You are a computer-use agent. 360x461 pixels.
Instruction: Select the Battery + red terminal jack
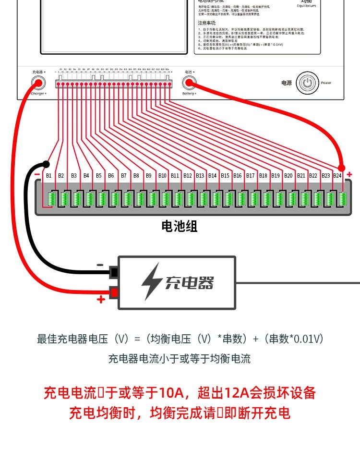[x=189, y=83]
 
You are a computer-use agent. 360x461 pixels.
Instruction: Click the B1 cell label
[x=48, y=176]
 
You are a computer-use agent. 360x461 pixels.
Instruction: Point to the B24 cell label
[x=337, y=176]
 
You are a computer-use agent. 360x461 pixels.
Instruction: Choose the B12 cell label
[x=187, y=176]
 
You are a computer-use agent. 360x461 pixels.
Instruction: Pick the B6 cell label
[x=111, y=176]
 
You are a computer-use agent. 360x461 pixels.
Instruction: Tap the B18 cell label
[x=263, y=176]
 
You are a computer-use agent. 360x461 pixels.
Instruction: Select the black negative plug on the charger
[x=114, y=273]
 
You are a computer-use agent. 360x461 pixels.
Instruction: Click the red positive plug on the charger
[x=114, y=292]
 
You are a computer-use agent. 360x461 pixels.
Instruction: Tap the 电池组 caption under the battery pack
[x=180, y=226]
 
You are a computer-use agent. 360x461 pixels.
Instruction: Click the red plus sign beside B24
[x=349, y=174]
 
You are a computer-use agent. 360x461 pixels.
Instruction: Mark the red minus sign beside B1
[x=37, y=174]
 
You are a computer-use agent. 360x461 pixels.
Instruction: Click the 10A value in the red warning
[x=172, y=393]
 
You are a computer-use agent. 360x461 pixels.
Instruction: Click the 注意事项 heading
[x=207, y=23]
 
